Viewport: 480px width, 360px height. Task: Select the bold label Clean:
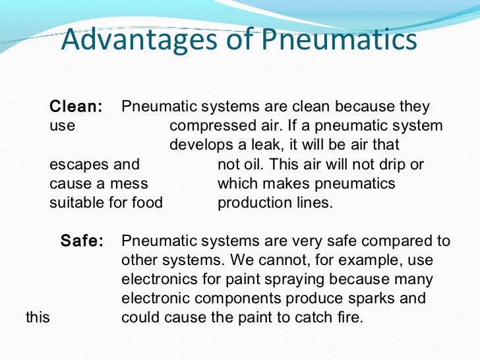(x=76, y=107)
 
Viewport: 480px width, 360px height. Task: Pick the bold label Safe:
(x=82, y=241)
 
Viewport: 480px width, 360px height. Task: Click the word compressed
(x=210, y=126)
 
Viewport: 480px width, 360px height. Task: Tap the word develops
(x=197, y=145)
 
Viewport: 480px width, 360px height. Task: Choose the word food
(x=147, y=202)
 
